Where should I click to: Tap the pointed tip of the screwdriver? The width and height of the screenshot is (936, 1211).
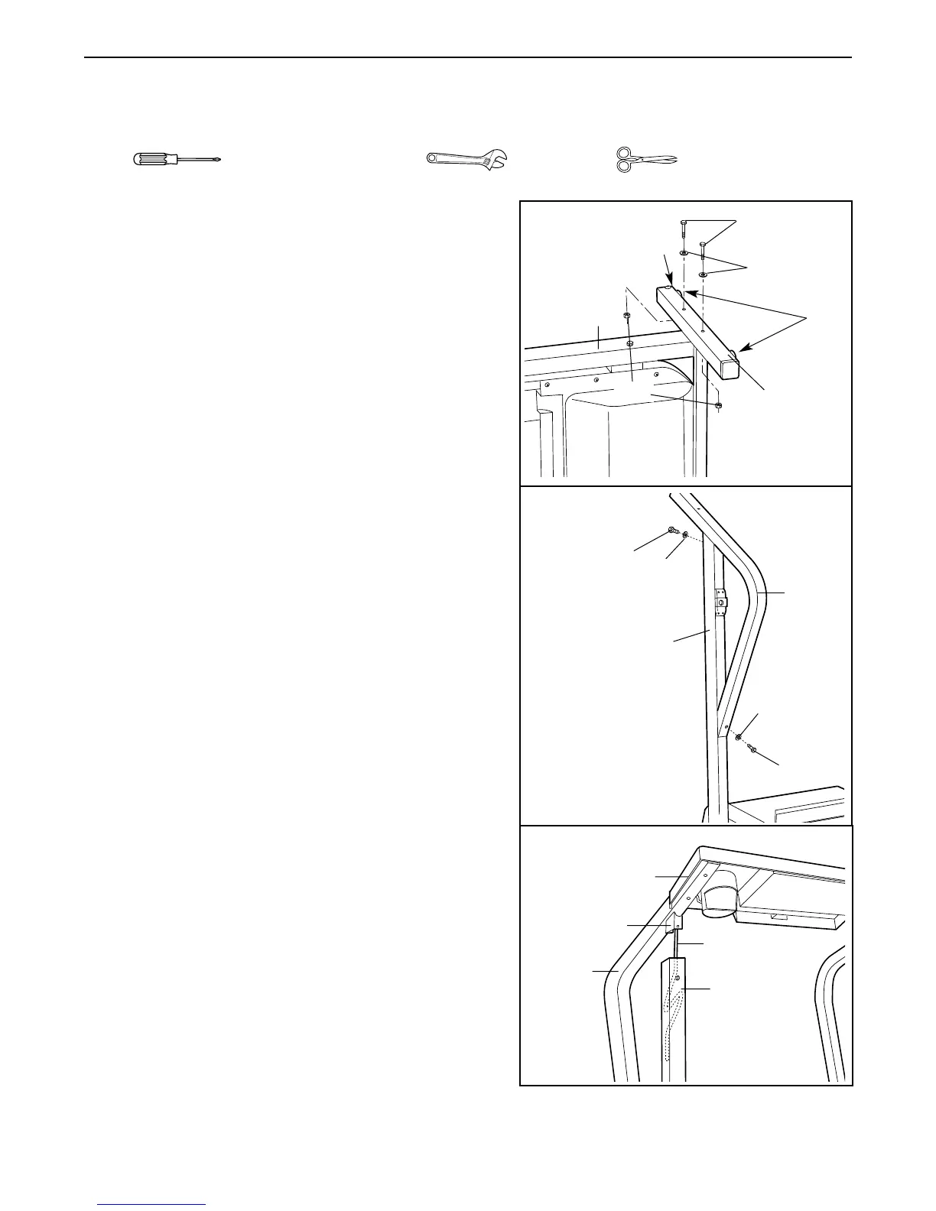coord(219,161)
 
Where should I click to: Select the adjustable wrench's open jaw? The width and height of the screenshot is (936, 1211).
coord(498,161)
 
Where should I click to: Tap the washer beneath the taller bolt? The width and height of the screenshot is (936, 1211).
coord(684,255)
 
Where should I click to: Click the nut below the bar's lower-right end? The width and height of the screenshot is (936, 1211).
coord(718,405)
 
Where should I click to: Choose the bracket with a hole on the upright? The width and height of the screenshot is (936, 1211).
coord(720,602)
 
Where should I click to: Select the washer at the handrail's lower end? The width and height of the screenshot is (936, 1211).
coord(739,736)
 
